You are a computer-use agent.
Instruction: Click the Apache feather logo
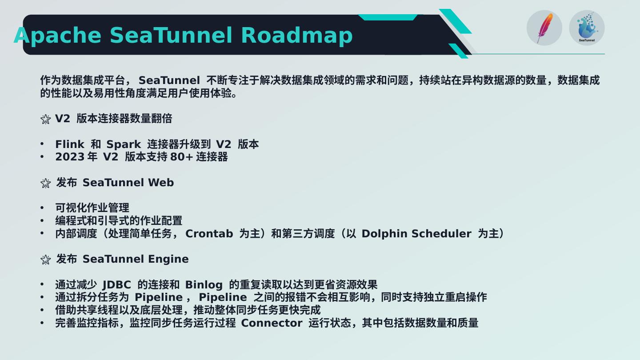(x=544, y=28)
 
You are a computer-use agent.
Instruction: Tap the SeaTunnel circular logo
(x=587, y=28)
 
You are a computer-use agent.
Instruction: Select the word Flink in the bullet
(x=69, y=144)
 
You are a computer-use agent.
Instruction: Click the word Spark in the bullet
(x=123, y=144)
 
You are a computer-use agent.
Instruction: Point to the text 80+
(x=181, y=157)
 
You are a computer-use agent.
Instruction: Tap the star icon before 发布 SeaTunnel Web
(x=45, y=183)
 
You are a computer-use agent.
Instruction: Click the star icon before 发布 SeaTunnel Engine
(x=45, y=260)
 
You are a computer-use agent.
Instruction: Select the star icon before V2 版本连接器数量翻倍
(x=45, y=119)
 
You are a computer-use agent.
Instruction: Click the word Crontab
(x=209, y=234)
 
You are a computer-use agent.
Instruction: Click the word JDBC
(x=116, y=285)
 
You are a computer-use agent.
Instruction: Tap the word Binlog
(x=204, y=285)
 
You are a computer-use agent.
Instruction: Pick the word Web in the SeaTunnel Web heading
(x=160, y=183)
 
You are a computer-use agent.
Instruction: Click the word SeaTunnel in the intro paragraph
(x=169, y=80)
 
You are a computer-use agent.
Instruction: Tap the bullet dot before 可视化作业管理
(x=42, y=208)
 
